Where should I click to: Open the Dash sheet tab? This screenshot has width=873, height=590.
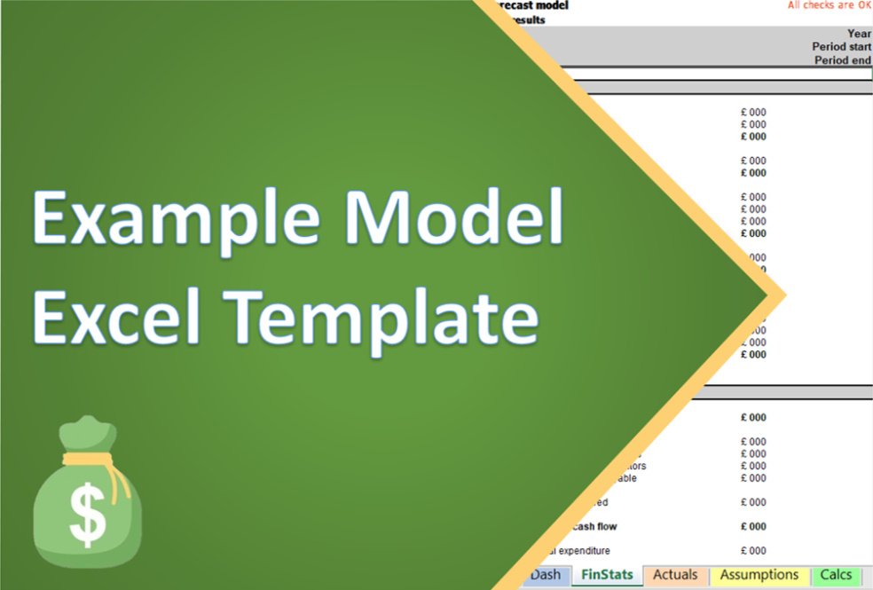(x=546, y=575)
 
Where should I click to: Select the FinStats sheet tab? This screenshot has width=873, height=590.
(x=607, y=575)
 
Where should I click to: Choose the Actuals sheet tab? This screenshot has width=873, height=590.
(x=675, y=575)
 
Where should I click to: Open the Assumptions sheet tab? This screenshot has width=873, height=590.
(x=759, y=575)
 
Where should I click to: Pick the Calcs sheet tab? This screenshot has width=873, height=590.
(x=836, y=575)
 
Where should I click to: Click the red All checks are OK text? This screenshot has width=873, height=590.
(x=830, y=5)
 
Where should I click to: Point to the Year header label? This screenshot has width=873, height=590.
(x=859, y=34)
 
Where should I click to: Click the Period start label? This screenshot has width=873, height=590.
(x=841, y=47)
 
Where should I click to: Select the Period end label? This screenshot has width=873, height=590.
(x=843, y=60)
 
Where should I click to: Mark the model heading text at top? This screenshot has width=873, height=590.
(x=533, y=5)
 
